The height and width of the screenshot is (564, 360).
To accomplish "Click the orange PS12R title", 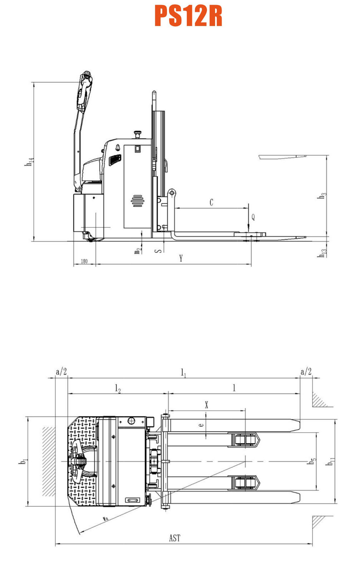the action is point(188,16).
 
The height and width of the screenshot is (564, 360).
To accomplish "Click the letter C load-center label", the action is point(211,202).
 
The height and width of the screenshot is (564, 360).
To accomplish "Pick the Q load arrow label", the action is point(253,217).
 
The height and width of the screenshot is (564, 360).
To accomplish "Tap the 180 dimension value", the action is point(84,261).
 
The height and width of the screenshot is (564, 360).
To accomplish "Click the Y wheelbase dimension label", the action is point(181,258).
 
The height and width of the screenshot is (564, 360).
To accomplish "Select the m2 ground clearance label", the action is point(137,251).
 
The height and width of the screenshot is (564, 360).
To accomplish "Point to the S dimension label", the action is point(158,251).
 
